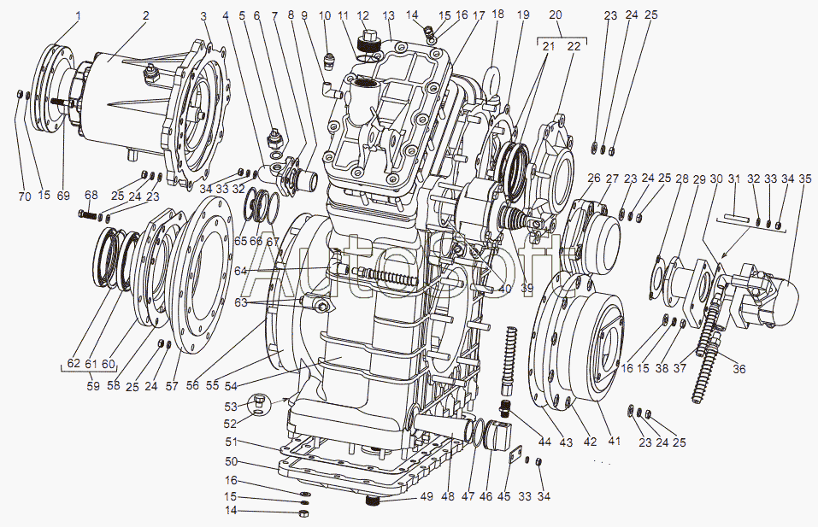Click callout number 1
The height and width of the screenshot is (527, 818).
click(79, 15)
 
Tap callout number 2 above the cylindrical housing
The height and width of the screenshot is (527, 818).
click(145, 15)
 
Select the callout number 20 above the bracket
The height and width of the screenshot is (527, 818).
click(556, 15)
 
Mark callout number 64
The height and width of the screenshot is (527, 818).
click(241, 271)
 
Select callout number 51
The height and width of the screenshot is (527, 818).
click(231, 442)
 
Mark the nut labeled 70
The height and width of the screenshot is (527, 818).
click(21, 93)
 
